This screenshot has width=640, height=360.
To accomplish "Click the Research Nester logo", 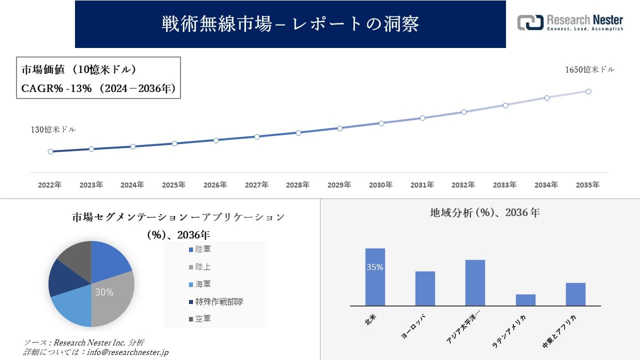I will pyautogui.click(x=570, y=22).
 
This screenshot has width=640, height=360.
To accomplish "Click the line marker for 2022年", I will pyautogui.click(x=50, y=151).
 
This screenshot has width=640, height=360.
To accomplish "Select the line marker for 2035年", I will pyautogui.click(x=588, y=91).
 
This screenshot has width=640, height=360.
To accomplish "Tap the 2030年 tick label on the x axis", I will pyautogui.click(x=380, y=185).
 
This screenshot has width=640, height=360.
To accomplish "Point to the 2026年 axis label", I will pyautogui.click(x=215, y=185).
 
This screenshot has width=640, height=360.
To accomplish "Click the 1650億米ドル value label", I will pyautogui.click(x=589, y=70).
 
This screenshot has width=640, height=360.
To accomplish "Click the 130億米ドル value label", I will pyautogui.click(x=53, y=129).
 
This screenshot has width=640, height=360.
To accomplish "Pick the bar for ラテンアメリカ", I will pyautogui.click(x=525, y=299).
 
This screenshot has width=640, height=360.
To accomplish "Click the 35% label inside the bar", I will pyautogui.click(x=375, y=267).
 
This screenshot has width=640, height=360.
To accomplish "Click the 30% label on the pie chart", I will pyautogui.click(x=104, y=292).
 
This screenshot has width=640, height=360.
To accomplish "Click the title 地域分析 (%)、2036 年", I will pyautogui.click(x=484, y=212).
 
